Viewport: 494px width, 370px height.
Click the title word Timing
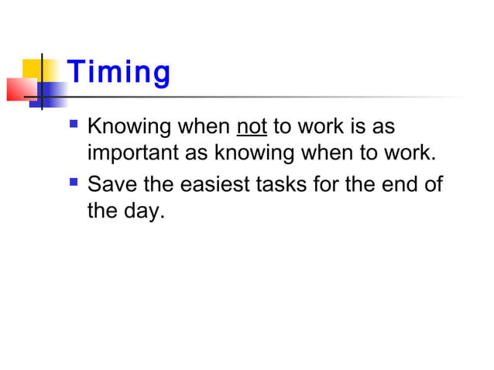(x=118, y=74)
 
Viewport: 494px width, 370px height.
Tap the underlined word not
(x=252, y=125)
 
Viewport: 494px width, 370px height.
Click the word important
(x=133, y=152)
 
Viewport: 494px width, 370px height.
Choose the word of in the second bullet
(x=436, y=185)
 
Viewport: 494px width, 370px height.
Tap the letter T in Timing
(x=75, y=73)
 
